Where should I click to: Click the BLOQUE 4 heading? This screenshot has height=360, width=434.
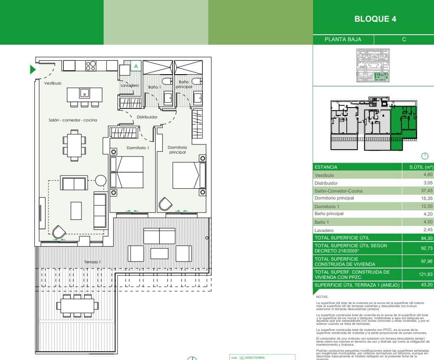(375, 19)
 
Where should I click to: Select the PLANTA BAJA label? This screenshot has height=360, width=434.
(343, 39)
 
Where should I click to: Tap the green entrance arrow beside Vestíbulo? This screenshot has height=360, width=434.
(33, 70)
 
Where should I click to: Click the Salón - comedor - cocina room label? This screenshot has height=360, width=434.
(73, 120)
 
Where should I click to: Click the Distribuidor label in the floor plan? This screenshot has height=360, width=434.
(147, 117)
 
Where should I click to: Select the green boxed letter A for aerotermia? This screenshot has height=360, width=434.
(136, 66)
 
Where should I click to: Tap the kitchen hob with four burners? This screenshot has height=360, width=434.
(91, 65)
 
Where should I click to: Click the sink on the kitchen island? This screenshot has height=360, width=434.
(85, 93)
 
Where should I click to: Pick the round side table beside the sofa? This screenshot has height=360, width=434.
(101, 180)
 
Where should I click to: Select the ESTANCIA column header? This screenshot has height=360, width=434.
(326, 167)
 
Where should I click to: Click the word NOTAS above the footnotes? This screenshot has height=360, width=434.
(323, 297)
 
